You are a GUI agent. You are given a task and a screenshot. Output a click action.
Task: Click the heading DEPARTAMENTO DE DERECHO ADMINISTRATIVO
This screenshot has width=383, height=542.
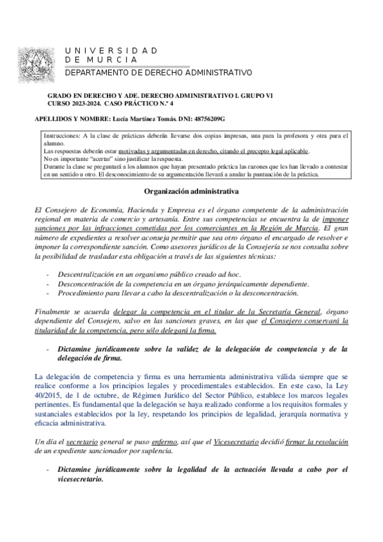pos(159,73)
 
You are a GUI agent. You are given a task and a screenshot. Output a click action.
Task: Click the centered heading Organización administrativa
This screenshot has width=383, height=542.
pos(192,191)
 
